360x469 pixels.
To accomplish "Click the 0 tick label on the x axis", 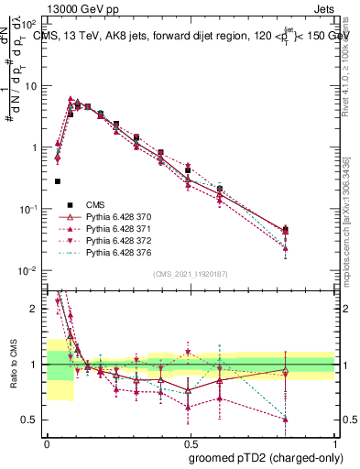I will [47, 442].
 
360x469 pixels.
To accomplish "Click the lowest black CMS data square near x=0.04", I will [58, 181].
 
